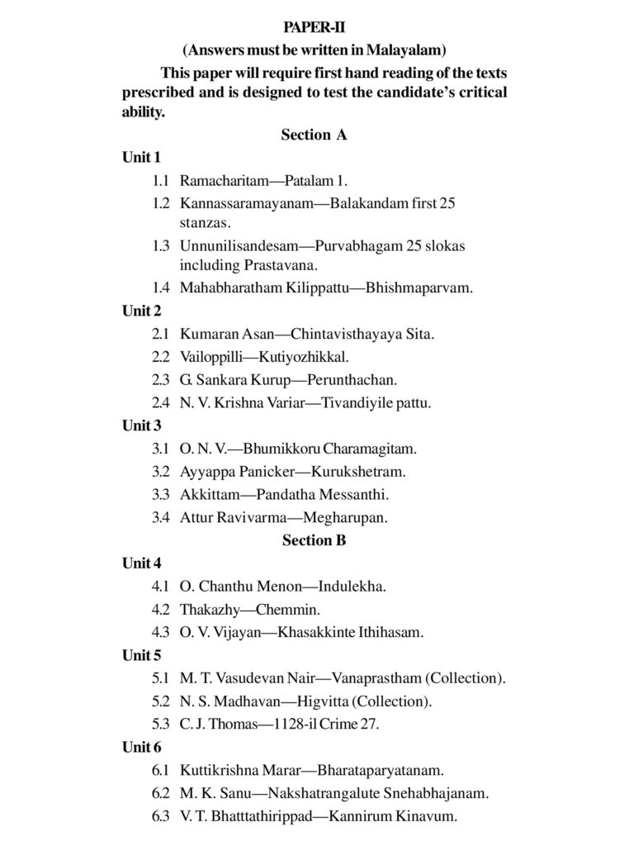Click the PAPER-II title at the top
pos(314,28)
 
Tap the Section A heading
pos(314,135)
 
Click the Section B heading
pos(314,540)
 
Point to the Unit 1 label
pos(142,157)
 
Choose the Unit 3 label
pos(142,426)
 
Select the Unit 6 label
pos(142,747)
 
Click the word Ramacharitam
pos(220,180)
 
